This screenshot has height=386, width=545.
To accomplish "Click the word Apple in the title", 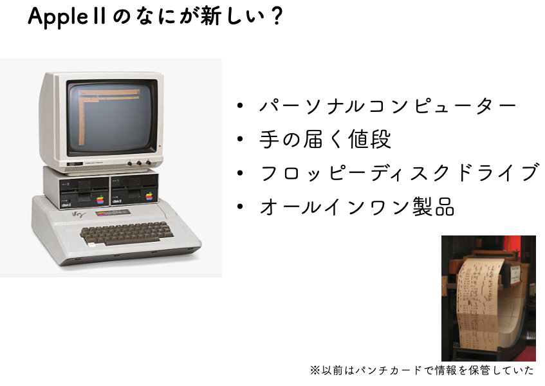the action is [x=59, y=17].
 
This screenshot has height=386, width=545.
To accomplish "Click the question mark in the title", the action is [x=277, y=16].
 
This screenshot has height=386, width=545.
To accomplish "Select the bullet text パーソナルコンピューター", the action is [x=388, y=106].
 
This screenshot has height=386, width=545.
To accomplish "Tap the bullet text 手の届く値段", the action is [x=326, y=140].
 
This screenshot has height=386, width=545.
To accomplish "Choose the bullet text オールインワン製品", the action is [x=357, y=207].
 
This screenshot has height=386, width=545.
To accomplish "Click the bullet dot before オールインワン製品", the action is [x=240, y=207].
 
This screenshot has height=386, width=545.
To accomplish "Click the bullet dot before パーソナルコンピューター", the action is [x=240, y=106].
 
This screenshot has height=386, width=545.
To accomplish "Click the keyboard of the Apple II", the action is [x=127, y=233].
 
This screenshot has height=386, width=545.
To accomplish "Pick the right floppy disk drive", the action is [x=134, y=190].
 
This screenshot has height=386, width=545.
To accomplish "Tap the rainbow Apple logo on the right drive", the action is [x=149, y=196].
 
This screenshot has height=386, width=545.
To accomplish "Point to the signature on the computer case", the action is [x=79, y=214].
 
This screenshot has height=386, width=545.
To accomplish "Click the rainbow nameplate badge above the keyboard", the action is [x=113, y=213].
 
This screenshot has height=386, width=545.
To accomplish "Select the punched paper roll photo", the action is [x=488, y=298].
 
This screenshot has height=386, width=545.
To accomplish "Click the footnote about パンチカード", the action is [x=422, y=371].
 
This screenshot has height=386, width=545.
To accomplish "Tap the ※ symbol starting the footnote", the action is [x=315, y=371].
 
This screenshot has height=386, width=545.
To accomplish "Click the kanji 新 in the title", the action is [x=210, y=16].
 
